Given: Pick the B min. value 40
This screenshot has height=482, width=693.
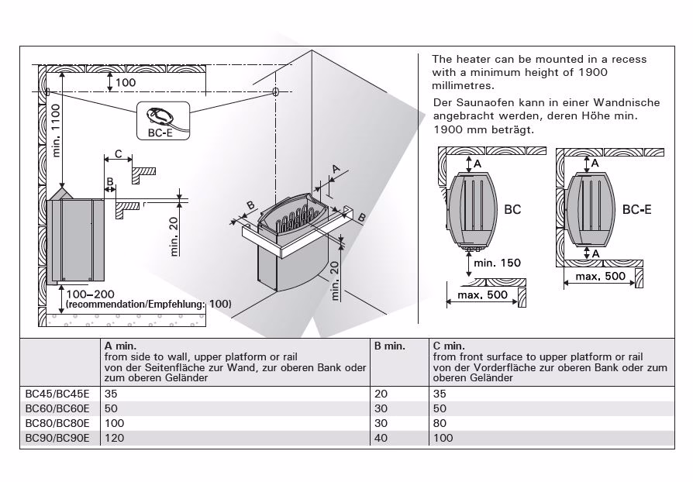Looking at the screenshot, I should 381,438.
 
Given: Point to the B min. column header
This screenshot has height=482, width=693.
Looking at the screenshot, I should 390,346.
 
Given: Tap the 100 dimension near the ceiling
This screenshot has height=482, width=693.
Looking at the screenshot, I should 126,82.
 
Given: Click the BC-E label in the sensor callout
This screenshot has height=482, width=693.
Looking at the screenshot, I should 160,133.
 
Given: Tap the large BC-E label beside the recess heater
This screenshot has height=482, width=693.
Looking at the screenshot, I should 635,209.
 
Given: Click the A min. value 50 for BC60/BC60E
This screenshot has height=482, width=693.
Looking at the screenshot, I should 111,408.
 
